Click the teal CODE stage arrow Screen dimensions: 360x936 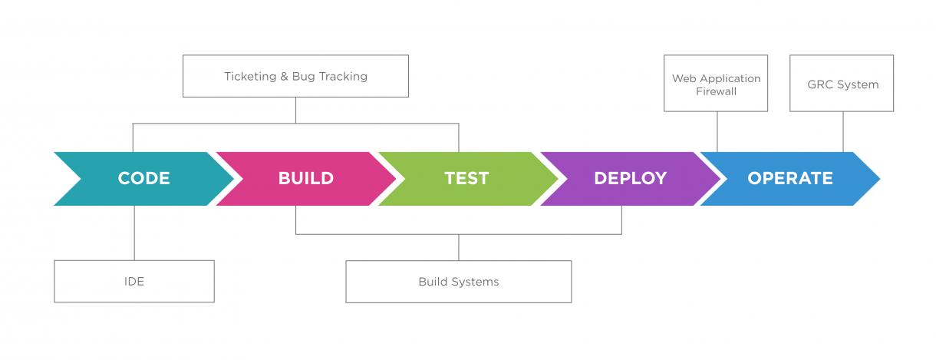pyautogui.click(x=143, y=179)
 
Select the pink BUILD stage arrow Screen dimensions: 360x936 pyautogui.click(x=305, y=179)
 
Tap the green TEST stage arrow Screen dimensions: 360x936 pyautogui.click(x=466, y=179)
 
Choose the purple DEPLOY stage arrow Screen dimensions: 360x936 pyautogui.click(x=630, y=179)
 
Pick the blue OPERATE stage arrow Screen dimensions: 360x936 pyautogui.click(x=789, y=179)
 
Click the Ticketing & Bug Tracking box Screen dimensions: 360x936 pyautogui.click(x=295, y=76)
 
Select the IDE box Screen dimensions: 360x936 pyautogui.click(x=134, y=281)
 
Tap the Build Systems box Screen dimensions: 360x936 pyautogui.click(x=458, y=282)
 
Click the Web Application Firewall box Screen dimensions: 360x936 pyautogui.click(x=716, y=84)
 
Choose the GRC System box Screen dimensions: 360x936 pyautogui.click(x=842, y=84)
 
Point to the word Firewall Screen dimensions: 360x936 pyautogui.click(x=716, y=91)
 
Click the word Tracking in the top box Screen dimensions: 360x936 pyautogui.click(x=343, y=77)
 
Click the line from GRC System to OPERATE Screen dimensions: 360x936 pyautogui.click(x=843, y=131)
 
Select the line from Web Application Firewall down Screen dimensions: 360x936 pyautogui.click(x=717, y=131)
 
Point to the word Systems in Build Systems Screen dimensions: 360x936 pyautogui.click(x=475, y=282)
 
